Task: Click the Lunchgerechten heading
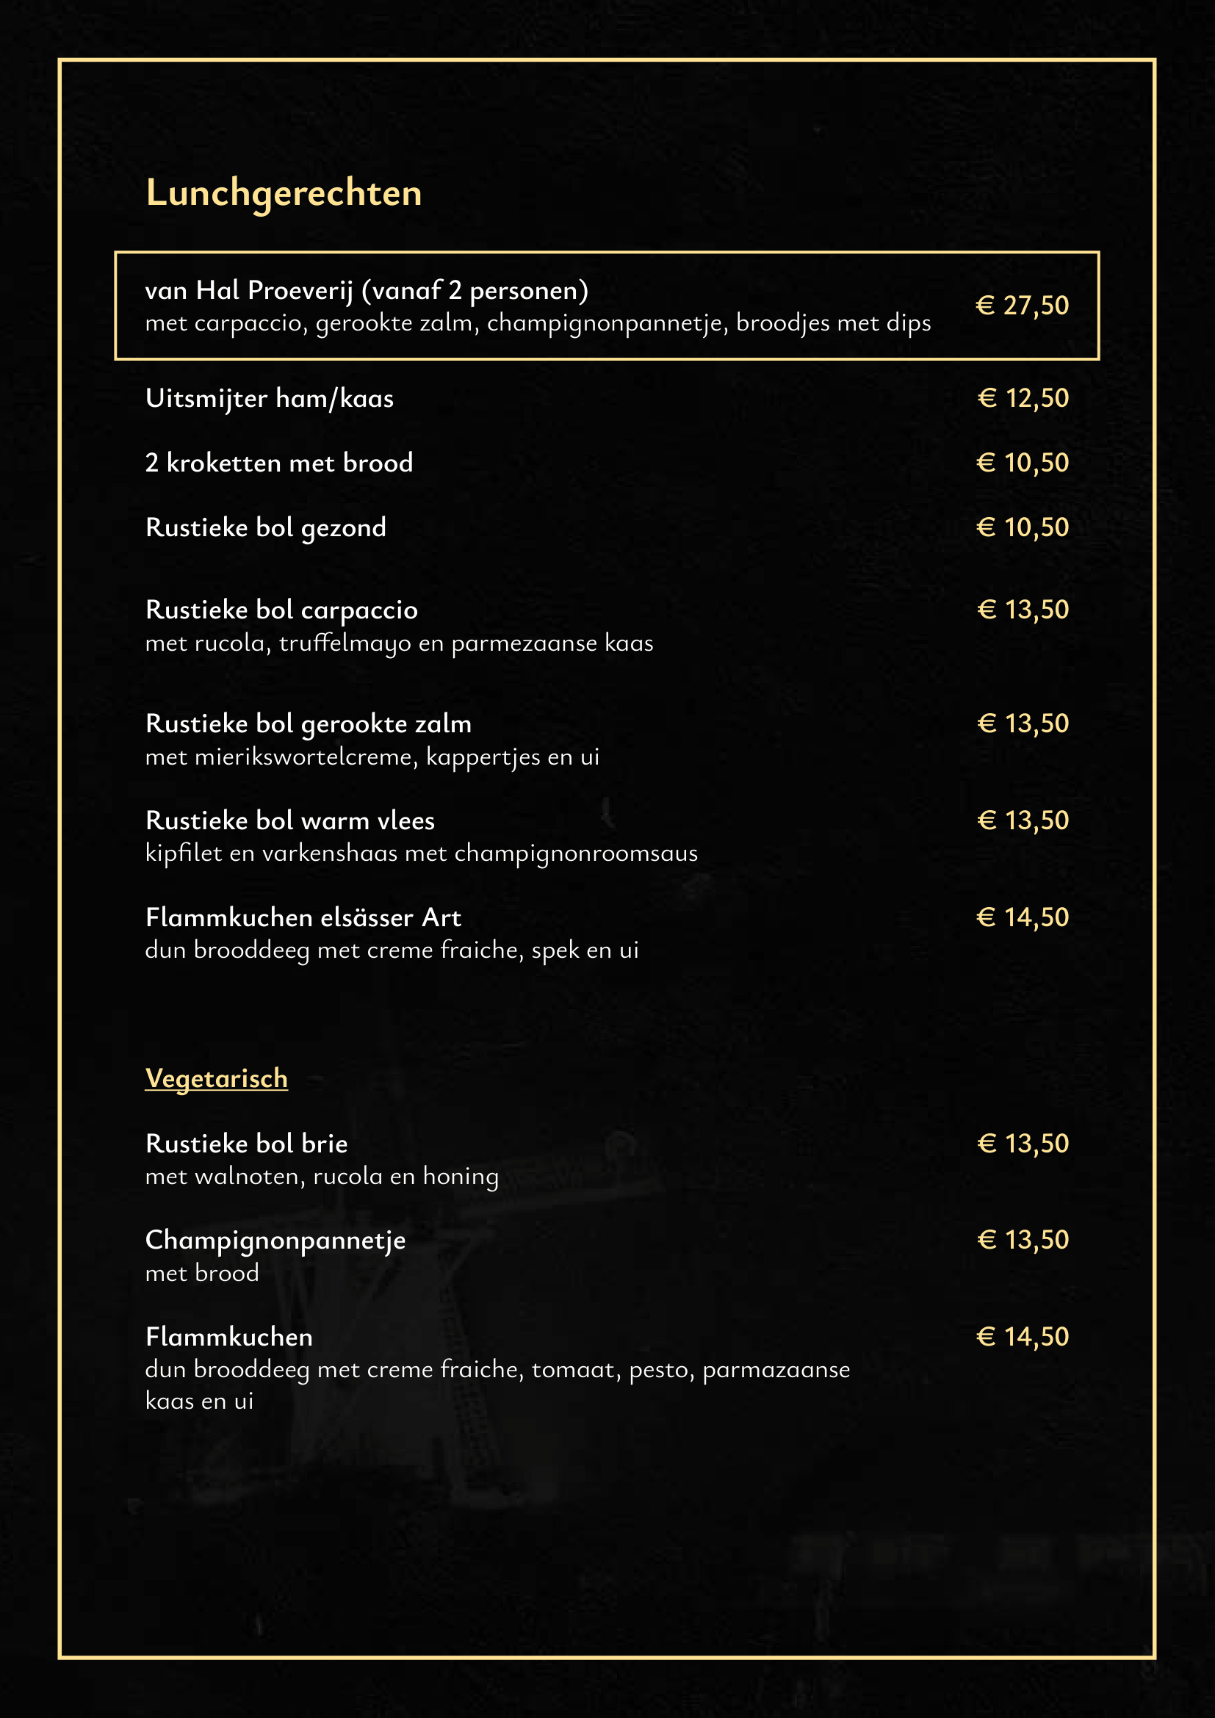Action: [284, 193]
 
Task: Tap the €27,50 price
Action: [1022, 306]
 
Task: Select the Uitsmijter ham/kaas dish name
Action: [270, 398]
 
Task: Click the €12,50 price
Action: [1023, 398]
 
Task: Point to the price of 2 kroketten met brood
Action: [1023, 463]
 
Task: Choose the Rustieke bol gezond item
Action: [266, 527]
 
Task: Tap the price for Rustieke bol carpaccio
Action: [1023, 610]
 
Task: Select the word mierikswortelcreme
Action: [302, 757]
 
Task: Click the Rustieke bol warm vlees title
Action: [289, 821]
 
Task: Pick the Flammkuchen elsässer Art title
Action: [303, 917]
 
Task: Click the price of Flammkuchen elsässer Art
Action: [1023, 917]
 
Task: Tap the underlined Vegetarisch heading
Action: [216, 1078]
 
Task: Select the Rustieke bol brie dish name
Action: [246, 1144]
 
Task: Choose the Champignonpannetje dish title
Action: [275, 1241]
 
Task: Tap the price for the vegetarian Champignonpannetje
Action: [1023, 1240]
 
